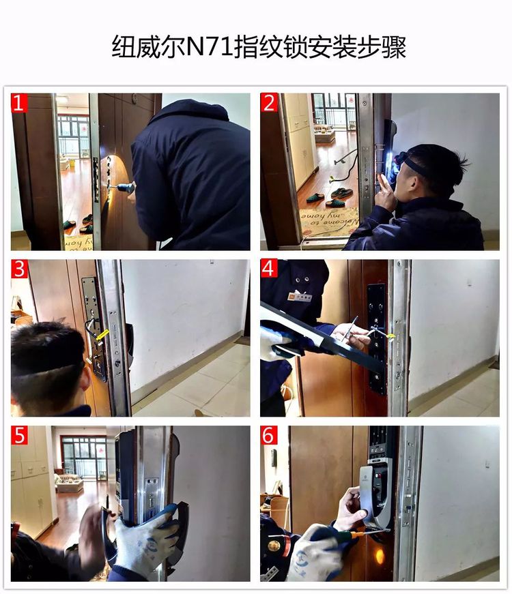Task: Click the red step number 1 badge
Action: [x=19, y=103]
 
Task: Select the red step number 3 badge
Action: [x=19, y=269]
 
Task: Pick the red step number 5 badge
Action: [x=19, y=435]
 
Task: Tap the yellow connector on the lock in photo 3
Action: [x=102, y=335]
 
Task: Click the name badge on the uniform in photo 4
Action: [x=300, y=297]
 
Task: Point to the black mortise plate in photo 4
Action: [x=376, y=338]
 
